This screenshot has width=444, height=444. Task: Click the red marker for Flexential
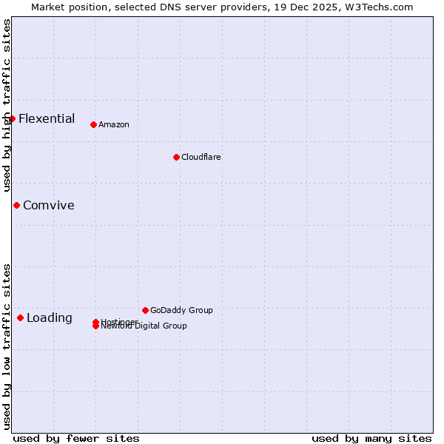coord(12,118)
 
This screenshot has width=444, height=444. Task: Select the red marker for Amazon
coord(93,124)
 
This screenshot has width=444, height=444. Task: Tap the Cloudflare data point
coord(176,157)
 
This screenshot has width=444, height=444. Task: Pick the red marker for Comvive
coord(16,205)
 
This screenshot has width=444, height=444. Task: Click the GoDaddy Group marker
coord(145,310)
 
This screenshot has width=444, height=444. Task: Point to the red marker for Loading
coord(20,317)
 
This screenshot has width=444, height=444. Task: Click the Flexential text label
coord(47,118)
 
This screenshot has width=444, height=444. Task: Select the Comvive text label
coord(49,205)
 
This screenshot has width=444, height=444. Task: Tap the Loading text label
coord(50,317)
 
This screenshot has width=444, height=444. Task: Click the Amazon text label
coord(114,124)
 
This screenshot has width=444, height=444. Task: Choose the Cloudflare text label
coord(201,157)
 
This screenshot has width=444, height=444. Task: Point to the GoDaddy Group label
coord(181,310)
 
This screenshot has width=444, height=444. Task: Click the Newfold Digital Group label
coord(145,326)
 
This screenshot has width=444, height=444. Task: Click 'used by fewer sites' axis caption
coord(76,438)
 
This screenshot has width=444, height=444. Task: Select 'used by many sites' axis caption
coord(371,438)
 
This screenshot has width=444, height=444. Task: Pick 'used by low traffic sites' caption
coord(7,346)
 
